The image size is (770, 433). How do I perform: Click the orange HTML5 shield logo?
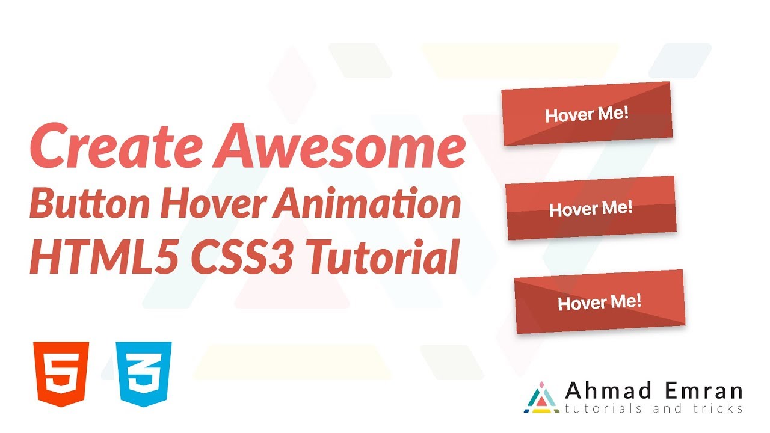(62, 373)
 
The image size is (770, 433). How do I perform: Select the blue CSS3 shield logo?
(145, 373)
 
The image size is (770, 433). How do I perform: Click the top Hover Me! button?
(587, 114)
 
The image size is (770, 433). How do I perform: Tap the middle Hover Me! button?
(591, 208)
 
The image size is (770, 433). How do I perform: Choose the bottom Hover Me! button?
(600, 302)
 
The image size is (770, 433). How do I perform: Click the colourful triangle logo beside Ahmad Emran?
(542, 398)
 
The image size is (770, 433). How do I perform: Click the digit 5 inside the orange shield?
(62, 374)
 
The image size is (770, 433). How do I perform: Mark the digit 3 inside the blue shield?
(145, 374)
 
